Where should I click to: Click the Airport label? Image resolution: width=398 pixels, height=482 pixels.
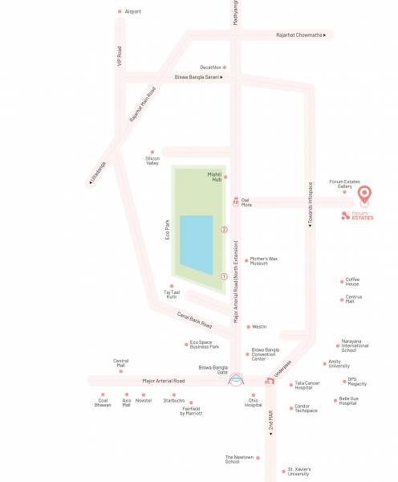pyautogui.click(x=132, y=11)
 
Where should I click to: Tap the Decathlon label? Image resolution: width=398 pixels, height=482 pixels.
pyautogui.click(x=211, y=67)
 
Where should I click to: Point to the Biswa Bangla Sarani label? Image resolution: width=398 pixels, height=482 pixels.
pyautogui.click(x=197, y=77)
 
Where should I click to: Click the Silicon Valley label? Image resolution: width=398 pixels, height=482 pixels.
pyautogui.click(x=152, y=161)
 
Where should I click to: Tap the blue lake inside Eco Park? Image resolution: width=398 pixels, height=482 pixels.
pyautogui.click(x=197, y=244)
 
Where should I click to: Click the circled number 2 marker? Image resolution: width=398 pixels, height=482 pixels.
pyautogui.click(x=225, y=230)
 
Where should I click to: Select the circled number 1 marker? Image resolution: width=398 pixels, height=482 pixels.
pyautogui.click(x=225, y=276)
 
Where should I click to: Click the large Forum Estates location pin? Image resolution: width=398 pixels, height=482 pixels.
pyautogui.click(x=364, y=194)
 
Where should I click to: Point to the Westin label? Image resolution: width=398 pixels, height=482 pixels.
pyautogui.click(x=258, y=327)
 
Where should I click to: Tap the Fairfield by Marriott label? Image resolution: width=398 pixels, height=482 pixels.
pyautogui.click(x=191, y=411)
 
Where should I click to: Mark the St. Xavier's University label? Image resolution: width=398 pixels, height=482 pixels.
pyautogui.click(x=298, y=472)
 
